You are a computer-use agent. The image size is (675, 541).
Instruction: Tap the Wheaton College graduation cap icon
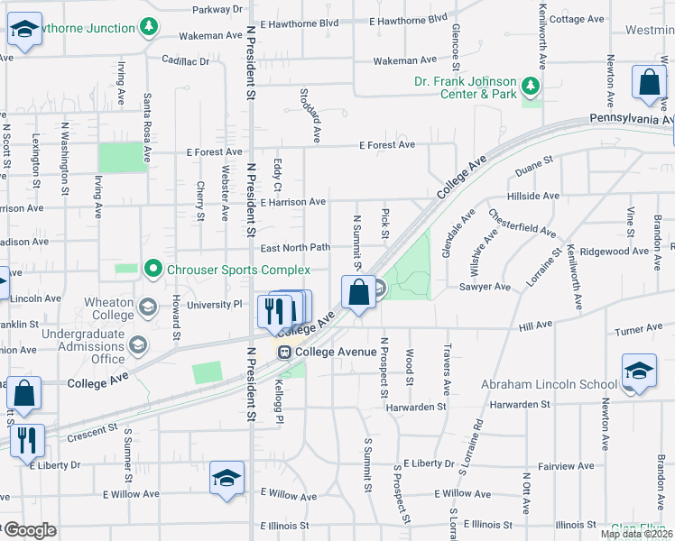145,307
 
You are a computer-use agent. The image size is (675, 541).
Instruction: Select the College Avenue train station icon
284,352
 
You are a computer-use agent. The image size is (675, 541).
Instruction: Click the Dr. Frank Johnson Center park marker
532,86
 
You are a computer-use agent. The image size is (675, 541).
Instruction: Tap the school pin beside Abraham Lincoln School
638,371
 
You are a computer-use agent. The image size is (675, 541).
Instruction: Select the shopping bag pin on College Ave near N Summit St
359,293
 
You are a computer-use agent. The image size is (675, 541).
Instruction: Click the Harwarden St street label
417,407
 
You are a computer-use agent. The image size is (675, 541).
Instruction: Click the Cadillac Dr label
185,61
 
